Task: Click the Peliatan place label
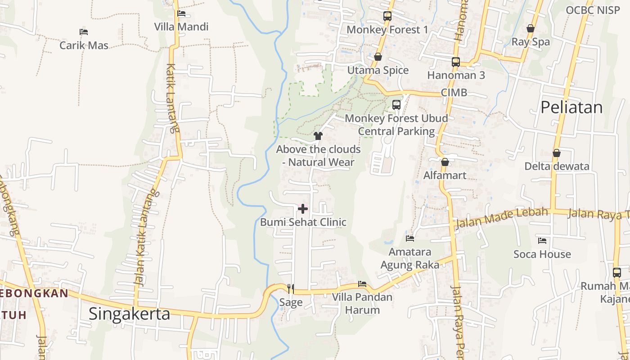pos(571,108)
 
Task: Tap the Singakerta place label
pos(129,314)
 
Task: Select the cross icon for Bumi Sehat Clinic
pos(303,209)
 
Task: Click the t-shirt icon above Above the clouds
pos(318,135)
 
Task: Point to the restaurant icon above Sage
pos(291,288)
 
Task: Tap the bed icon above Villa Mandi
pos(181,13)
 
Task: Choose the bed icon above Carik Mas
pos(84,32)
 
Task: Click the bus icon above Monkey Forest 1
pos(387,16)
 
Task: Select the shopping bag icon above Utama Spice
pos(378,57)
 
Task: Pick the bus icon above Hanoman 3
pos(456,62)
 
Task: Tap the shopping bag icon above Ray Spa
pos(531,28)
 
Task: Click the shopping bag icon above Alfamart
pos(445,162)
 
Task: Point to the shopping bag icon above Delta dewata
pos(557,153)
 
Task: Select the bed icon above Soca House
pos(542,241)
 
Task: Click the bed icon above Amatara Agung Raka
pos(410,238)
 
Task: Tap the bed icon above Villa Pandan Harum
pos(362,284)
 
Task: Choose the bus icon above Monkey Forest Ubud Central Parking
pos(396,105)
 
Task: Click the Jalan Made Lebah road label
pos(502,218)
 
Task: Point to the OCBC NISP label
pos(593,10)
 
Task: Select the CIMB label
pos(454,93)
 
